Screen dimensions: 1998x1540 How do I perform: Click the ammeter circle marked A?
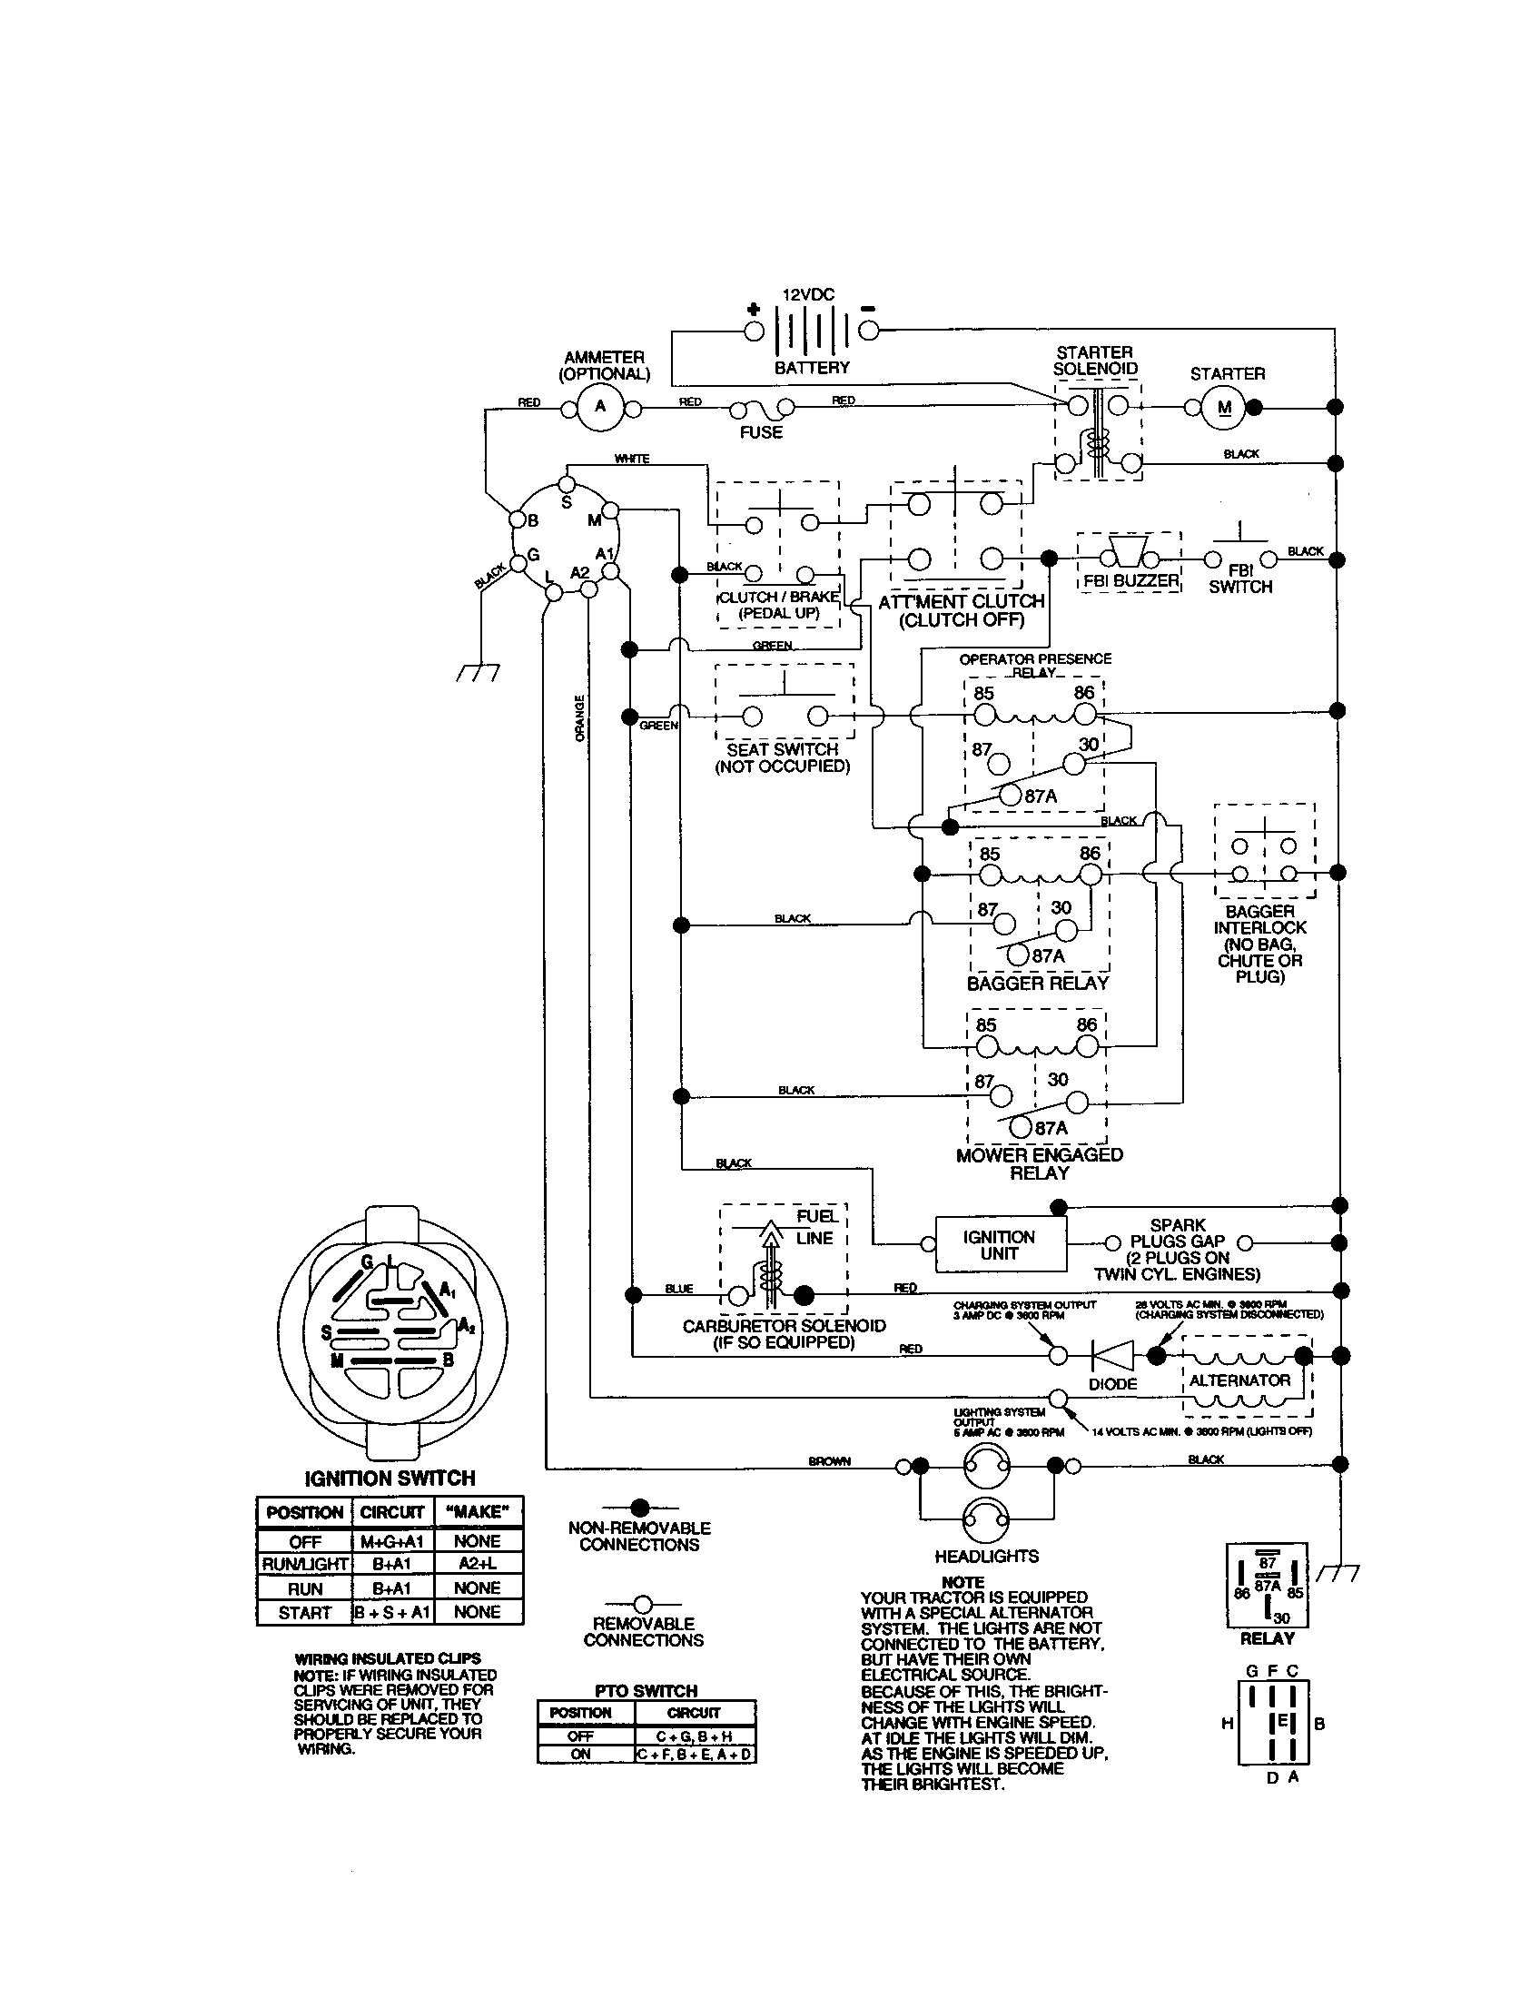600,407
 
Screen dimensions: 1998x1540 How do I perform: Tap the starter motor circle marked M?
1226,408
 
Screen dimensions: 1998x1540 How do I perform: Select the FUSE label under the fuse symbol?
761,432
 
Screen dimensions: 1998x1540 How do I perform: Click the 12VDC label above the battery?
808,295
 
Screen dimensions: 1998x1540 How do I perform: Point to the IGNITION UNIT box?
1001,1244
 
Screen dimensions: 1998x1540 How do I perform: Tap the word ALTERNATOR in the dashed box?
1239,1380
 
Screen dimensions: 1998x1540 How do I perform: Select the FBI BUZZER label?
1130,581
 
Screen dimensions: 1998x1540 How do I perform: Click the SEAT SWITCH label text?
783,749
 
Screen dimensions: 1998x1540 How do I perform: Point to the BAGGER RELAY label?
1037,984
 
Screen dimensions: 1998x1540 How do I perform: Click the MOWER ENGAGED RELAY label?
1039,1162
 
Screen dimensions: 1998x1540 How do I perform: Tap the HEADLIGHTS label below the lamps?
986,1556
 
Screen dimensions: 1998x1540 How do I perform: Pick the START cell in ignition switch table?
304,1613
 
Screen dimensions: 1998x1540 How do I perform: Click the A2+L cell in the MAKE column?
478,1565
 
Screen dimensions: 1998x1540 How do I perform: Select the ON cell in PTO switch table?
581,1754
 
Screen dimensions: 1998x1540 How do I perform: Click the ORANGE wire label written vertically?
579,718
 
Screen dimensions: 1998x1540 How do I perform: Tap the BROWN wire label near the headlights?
828,1461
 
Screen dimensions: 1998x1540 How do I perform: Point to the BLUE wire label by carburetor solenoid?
678,1288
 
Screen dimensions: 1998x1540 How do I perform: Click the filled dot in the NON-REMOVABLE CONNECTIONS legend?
640,1507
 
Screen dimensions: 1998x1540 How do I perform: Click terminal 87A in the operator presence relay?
1010,794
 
